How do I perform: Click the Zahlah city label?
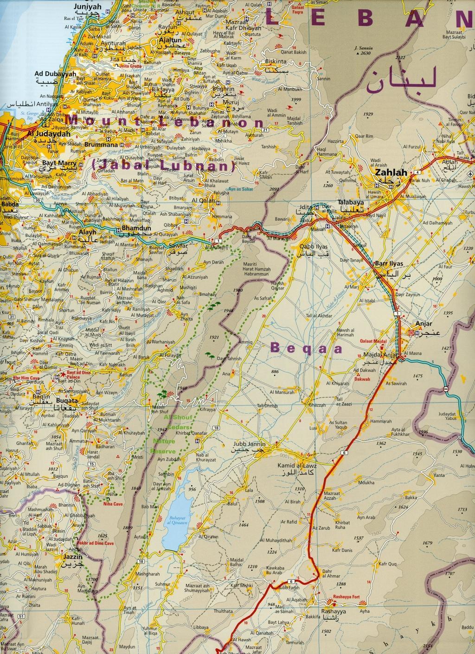pyautogui.click(x=388, y=172)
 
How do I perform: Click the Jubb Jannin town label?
pyautogui.click(x=250, y=443)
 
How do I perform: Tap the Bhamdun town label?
pyautogui.click(x=131, y=229)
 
